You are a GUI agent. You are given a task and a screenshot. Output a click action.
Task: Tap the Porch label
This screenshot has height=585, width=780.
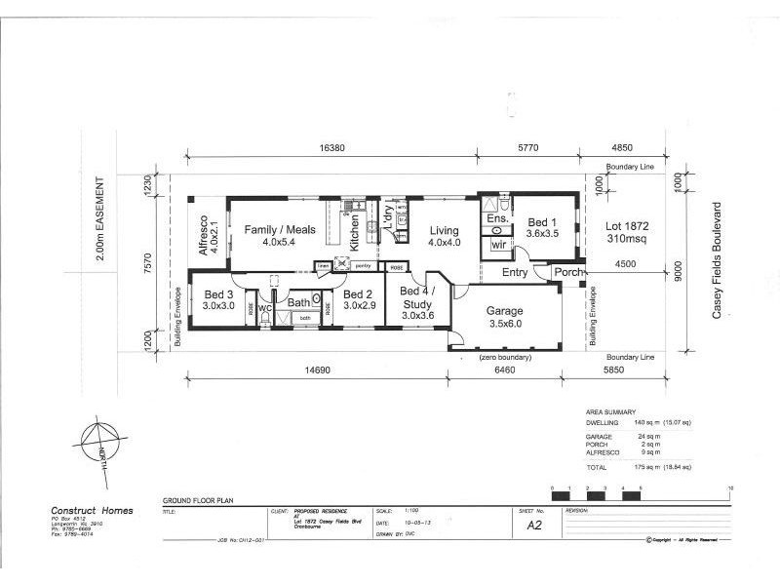point(569,272)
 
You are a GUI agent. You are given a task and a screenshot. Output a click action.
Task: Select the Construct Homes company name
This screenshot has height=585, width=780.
point(92,510)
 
